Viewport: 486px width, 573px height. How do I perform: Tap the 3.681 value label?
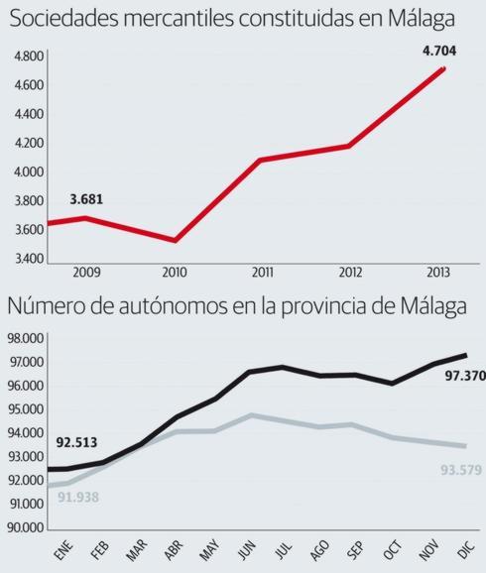[x=86, y=199]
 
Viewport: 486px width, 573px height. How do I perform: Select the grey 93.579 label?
[x=458, y=469]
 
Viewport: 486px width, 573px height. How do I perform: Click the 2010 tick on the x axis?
[x=175, y=272]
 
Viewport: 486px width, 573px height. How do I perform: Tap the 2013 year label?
[x=436, y=272]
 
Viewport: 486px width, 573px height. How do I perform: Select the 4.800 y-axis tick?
[x=29, y=57]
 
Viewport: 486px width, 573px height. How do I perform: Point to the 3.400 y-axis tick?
[x=29, y=259]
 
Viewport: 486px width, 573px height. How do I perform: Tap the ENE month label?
[x=63, y=550]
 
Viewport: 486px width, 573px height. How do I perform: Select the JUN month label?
[x=246, y=550]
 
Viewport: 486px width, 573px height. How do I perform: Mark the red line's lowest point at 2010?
[x=175, y=240]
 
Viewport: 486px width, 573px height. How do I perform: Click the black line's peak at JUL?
[x=283, y=367]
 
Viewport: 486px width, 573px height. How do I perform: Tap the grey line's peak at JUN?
[x=253, y=415]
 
